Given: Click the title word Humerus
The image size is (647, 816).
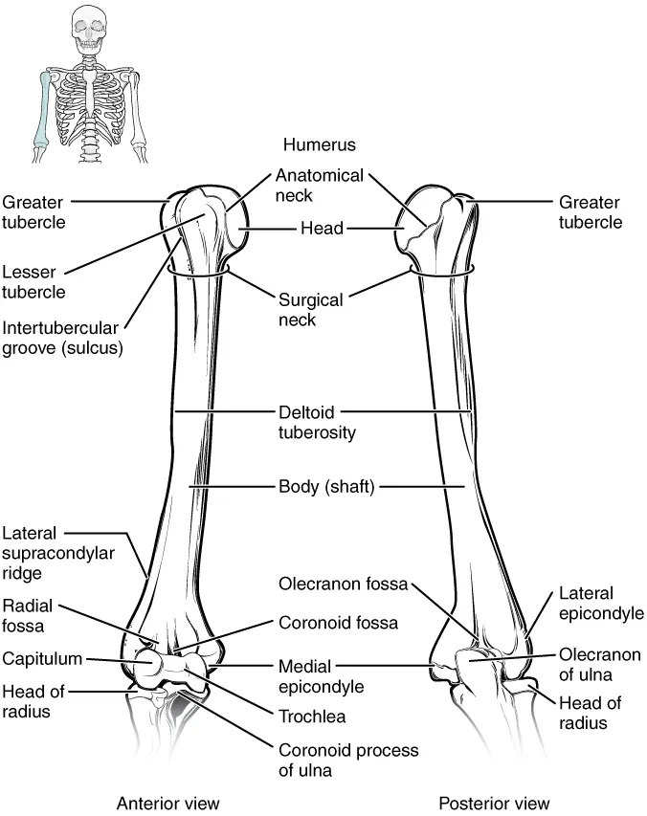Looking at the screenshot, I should [319, 144].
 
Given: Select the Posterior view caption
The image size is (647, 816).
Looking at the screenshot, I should [494, 802].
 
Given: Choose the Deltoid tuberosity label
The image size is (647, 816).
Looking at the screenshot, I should [317, 422].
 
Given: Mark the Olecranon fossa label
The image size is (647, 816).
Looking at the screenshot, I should [343, 582].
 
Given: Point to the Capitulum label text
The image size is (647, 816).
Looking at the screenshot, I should [41, 658].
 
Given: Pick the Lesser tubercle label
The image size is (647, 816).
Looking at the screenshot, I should [34, 282].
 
